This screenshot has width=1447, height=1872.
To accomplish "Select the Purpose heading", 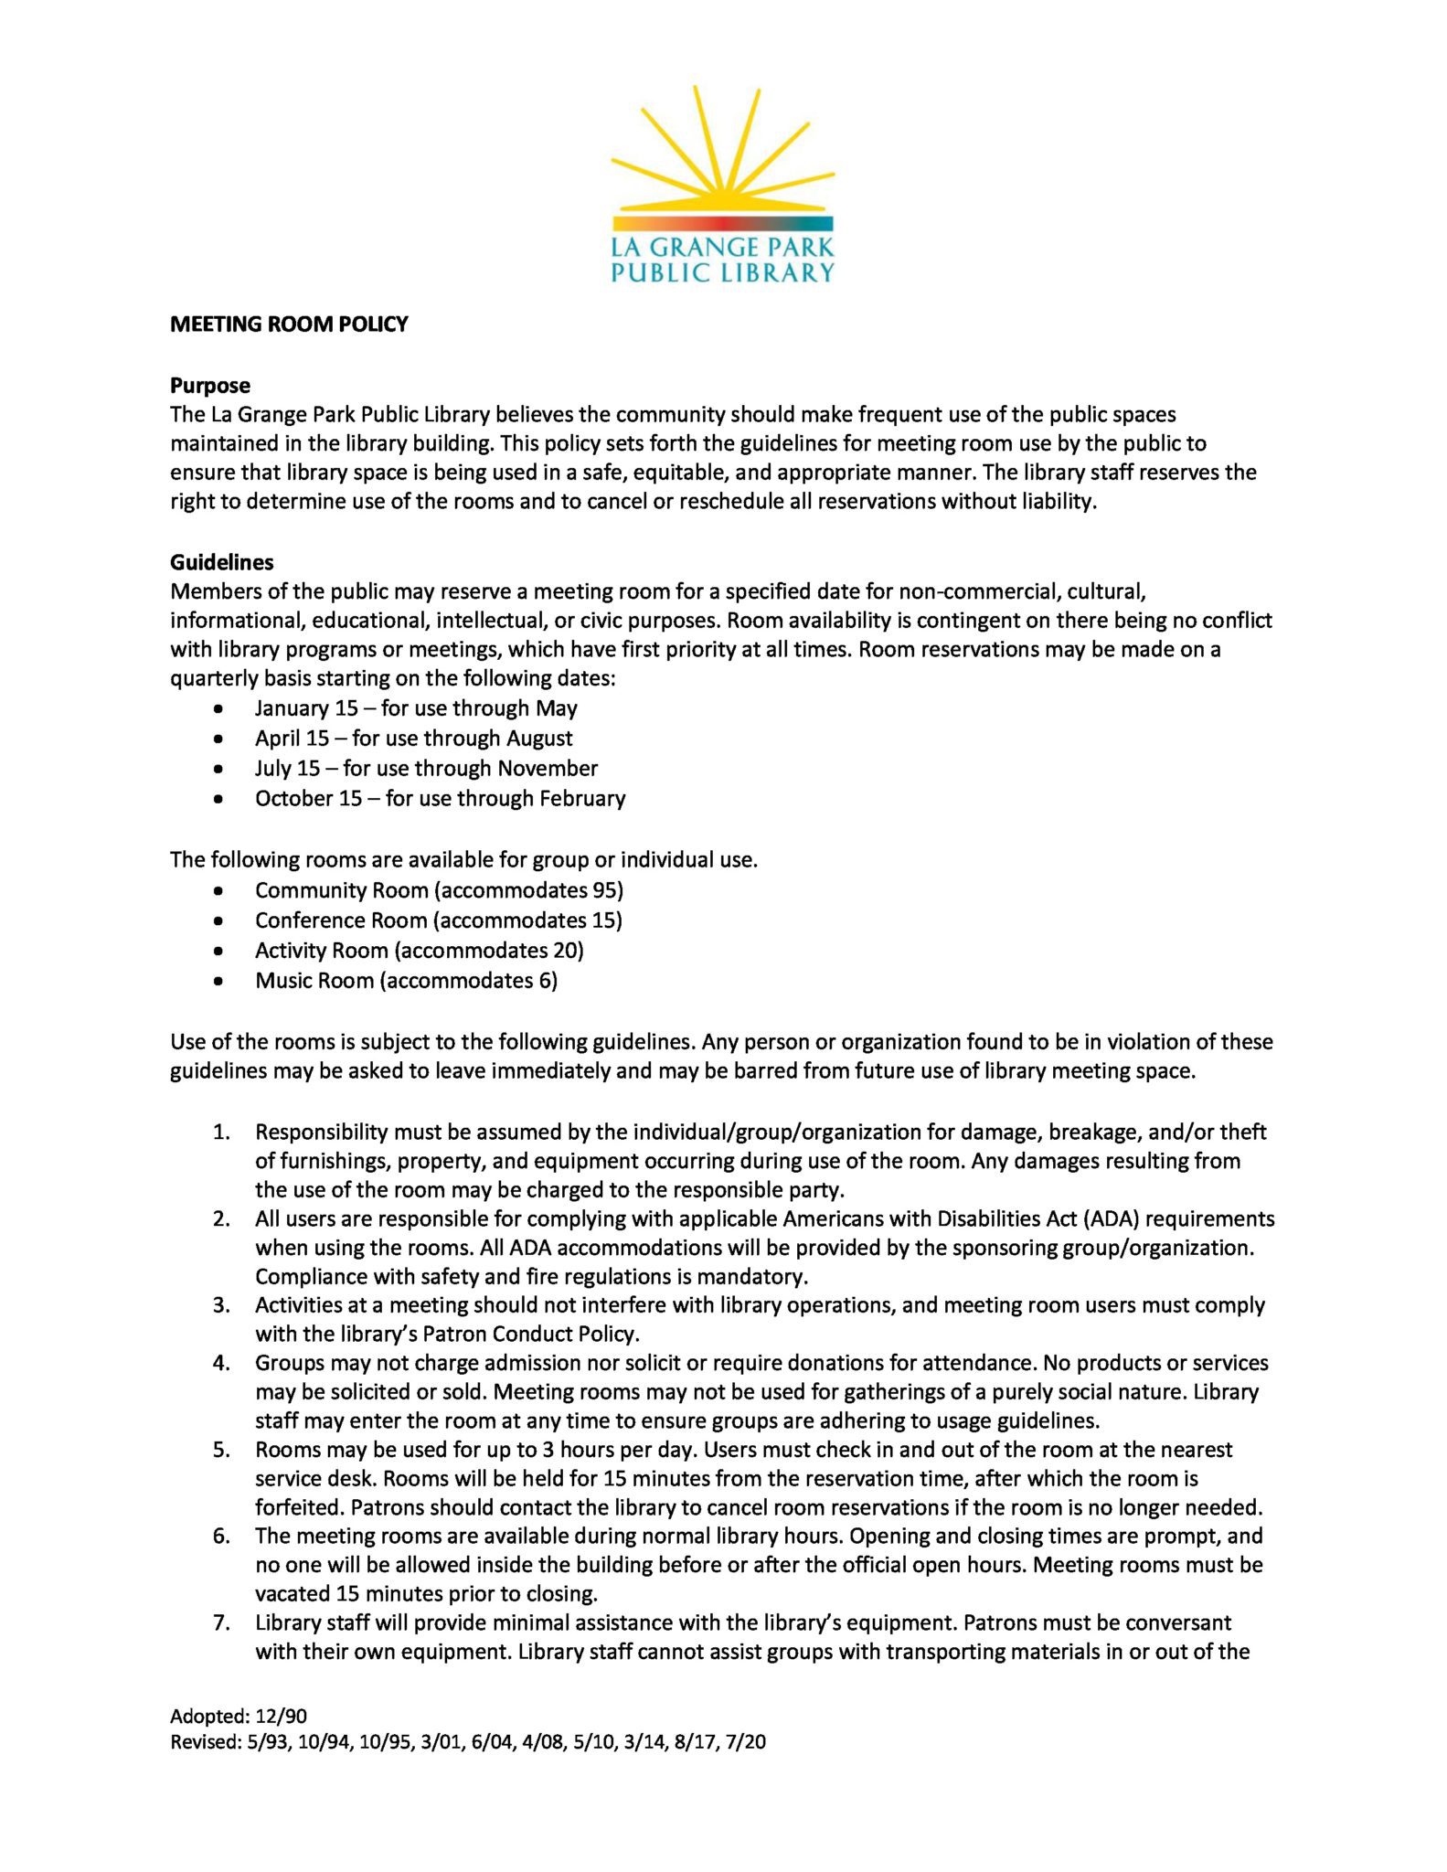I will pyautogui.click(x=209, y=385).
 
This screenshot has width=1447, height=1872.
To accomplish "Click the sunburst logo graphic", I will pyautogui.click(x=722, y=155).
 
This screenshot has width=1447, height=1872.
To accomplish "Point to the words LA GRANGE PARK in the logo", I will pyautogui.click(x=722, y=247).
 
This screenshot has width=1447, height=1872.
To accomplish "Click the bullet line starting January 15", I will pyautogui.click(x=416, y=708).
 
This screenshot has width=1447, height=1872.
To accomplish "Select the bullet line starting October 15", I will pyautogui.click(x=440, y=798).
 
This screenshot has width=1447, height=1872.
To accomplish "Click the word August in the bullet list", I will pyautogui.click(x=539, y=739).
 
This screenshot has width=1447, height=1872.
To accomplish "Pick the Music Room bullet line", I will pyautogui.click(x=406, y=981).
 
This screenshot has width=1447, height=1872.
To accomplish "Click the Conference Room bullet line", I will pyautogui.click(x=438, y=920).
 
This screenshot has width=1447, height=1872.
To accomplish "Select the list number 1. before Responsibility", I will pyautogui.click(x=220, y=1132).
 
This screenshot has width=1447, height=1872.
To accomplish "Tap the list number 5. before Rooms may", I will pyautogui.click(x=220, y=1449).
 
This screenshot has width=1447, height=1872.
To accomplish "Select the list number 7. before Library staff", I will pyautogui.click(x=220, y=1622).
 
